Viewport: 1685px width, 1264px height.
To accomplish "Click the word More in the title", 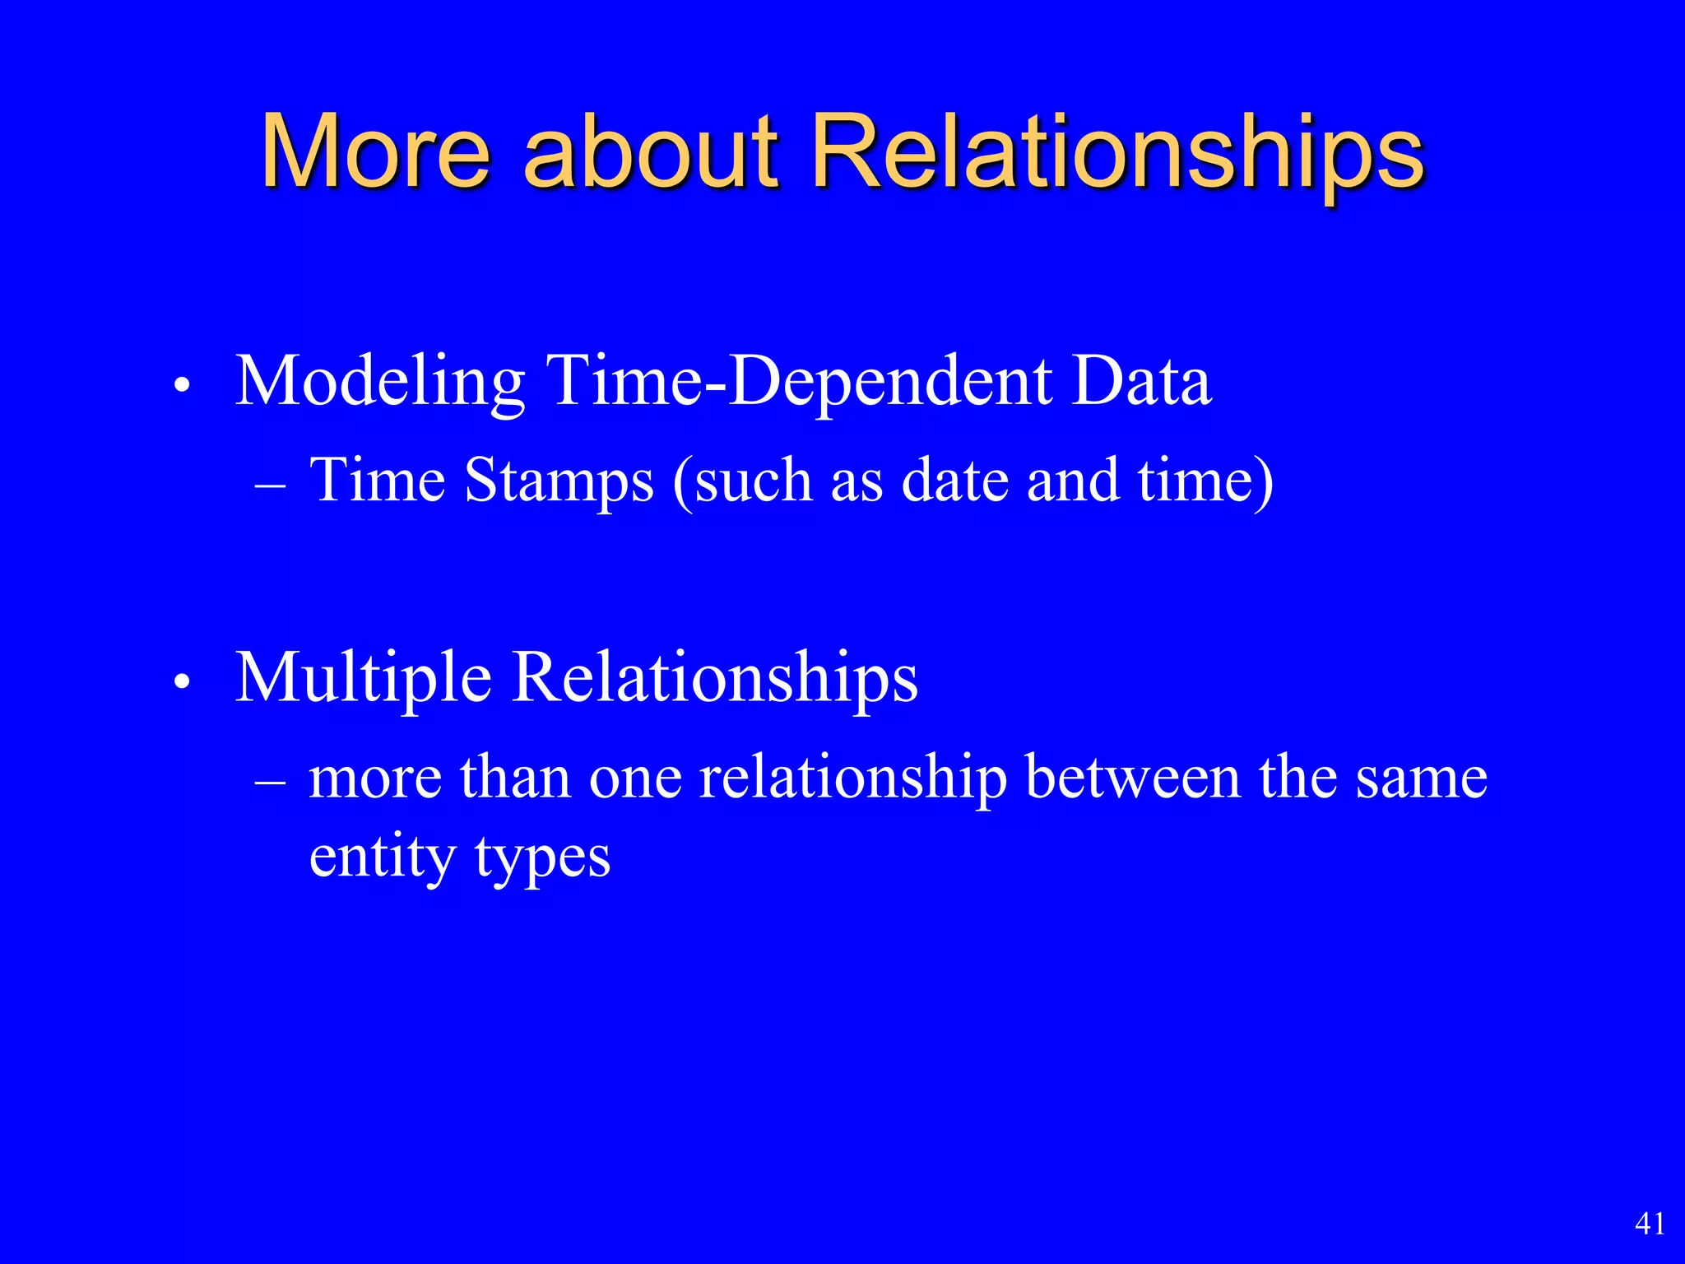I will click(375, 152).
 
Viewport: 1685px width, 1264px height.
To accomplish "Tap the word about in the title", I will click(650, 152).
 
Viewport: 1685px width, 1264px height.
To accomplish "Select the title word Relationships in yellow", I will click(1117, 152).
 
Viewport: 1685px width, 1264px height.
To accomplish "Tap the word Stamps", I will click(559, 481).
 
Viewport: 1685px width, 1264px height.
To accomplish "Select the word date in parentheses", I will click(954, 481).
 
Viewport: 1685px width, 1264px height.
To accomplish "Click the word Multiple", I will click(363, 679).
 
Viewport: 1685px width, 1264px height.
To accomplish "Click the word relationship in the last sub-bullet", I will click(852, 778).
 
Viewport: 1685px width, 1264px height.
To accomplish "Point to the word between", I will click(1133, 777).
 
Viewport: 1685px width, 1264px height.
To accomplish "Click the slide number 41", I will click(1650, 1224).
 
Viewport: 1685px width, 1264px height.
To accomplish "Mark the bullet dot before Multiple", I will click(183, 682).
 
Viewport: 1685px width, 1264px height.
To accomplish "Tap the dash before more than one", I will click(271, 783).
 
